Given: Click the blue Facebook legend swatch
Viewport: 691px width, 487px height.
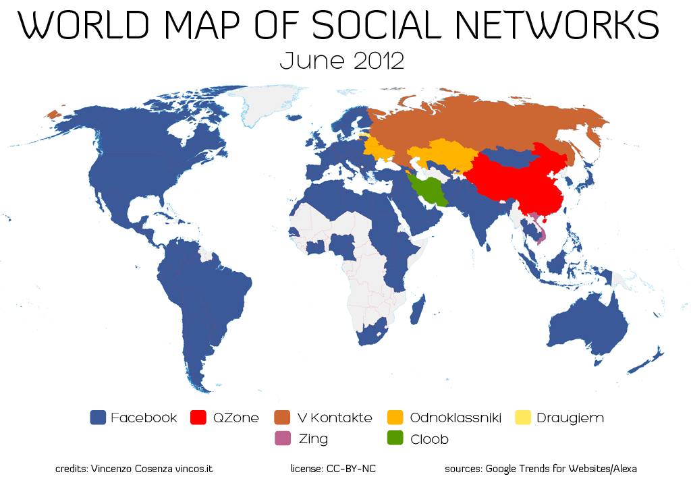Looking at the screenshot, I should [99, 418].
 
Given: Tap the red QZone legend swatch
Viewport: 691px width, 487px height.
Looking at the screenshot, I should [199, 418].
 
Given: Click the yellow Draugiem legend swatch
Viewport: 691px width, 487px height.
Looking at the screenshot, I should [524, 418].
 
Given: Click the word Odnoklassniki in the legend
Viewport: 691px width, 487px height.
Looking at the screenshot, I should [455, 418].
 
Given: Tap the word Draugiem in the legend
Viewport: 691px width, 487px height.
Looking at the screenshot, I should [570, 418].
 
